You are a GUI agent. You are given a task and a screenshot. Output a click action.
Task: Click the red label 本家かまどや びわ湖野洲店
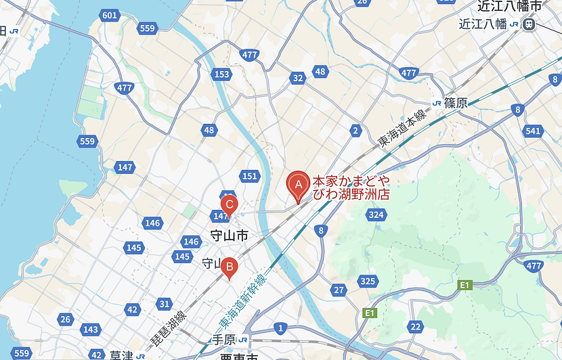pyautogui.click(x=351, y=188)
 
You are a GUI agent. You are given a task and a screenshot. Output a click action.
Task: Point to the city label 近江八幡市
pyautogui.click(x=510, y=6)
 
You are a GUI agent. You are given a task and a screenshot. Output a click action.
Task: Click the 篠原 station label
pyautogui.click(x=456, y=103)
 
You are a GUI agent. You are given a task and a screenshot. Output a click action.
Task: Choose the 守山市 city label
pyautogui.click(x=229, y=236)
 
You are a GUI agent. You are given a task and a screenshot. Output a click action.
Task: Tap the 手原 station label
pyautogui.click(x=223, y=340)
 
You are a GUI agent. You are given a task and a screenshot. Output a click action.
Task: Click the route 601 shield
pyautogui.click(x=108, y=15)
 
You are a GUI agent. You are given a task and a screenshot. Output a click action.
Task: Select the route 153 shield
pyautogui.click(x=221, y=74)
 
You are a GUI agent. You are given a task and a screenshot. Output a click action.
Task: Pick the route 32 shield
pyautogui.click(x=297, y=78)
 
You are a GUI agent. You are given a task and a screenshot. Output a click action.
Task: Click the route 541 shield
pyautogui.click(x=533, y=131)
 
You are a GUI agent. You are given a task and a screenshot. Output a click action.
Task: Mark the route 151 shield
pyautogui.click(x=250, y=177)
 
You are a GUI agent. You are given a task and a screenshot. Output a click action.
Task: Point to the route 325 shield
pyautogui.click(x=368, y=281)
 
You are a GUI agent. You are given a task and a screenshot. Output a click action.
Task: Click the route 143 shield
pyautogui.click(x=90, y=330)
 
